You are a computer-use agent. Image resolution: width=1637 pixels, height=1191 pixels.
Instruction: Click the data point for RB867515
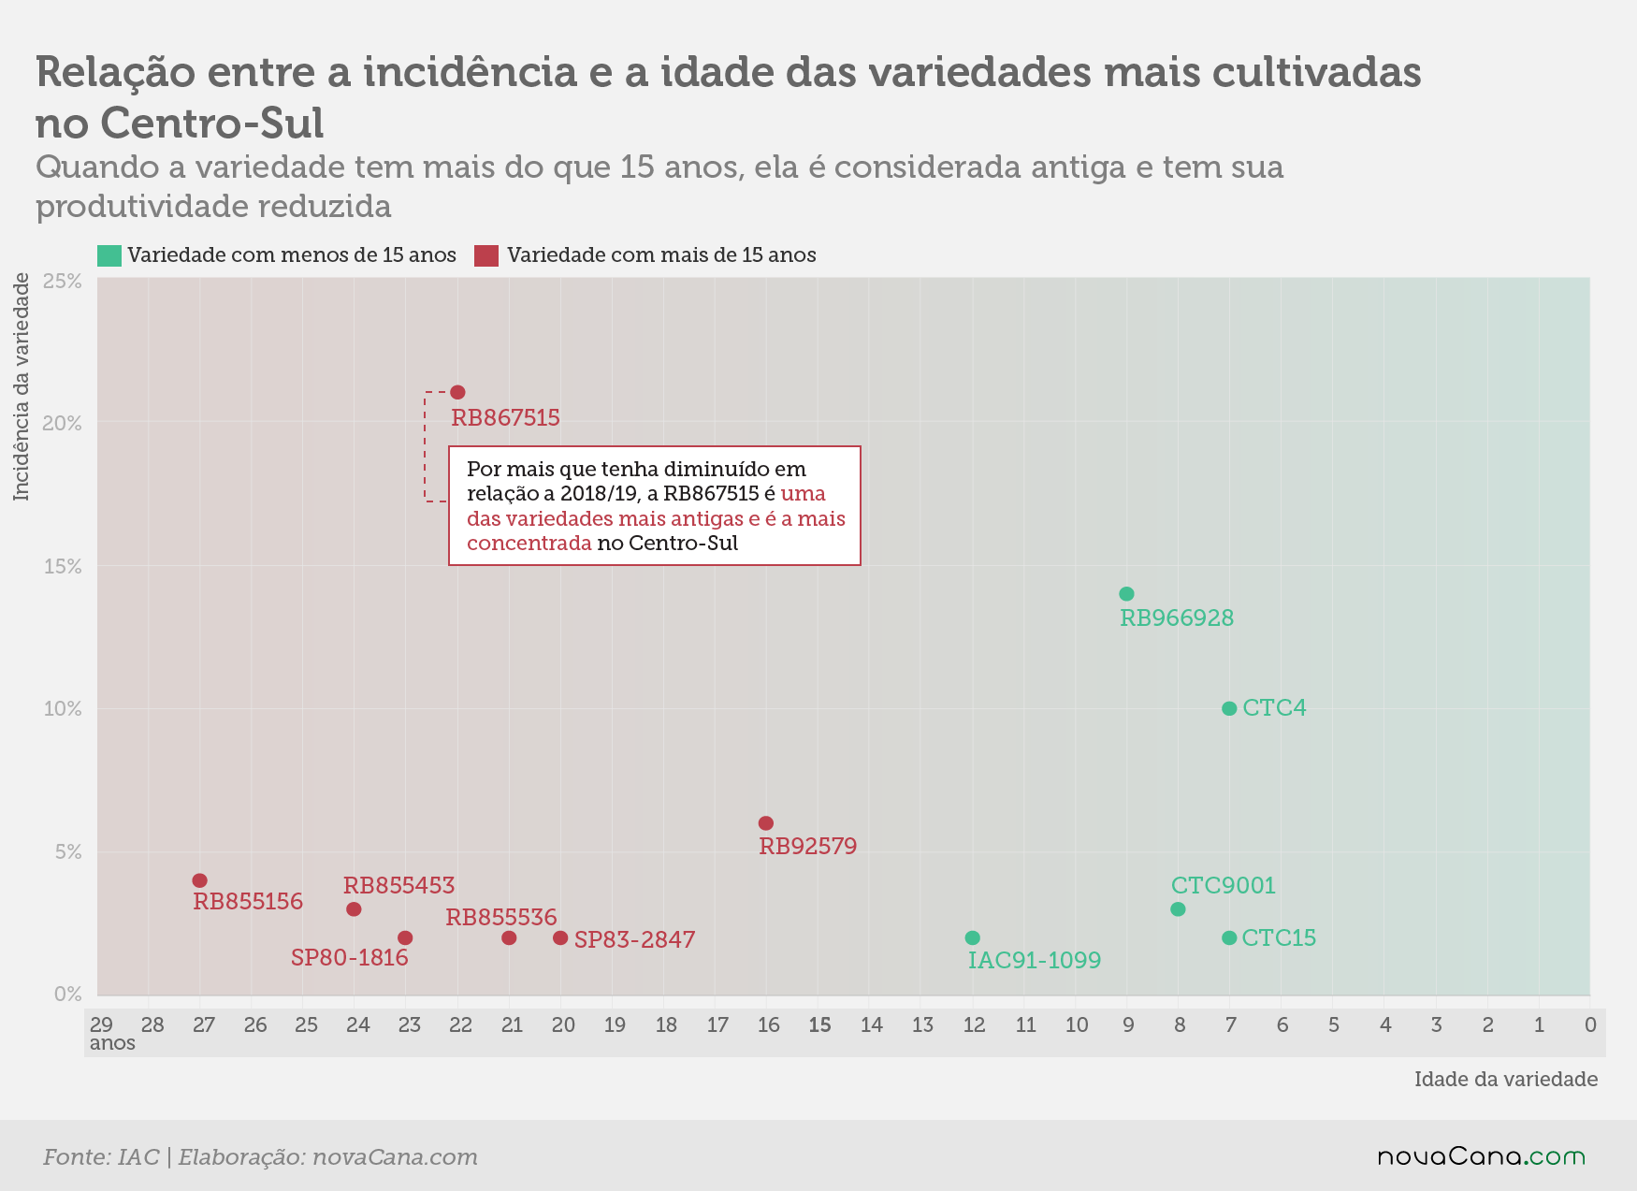(457, 392)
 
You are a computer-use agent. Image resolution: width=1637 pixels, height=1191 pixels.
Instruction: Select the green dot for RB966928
(1126, 594)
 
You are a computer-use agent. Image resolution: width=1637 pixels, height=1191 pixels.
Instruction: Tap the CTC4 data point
(1229, 708)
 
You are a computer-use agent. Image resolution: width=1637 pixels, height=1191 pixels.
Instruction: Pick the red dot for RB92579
(766, 823)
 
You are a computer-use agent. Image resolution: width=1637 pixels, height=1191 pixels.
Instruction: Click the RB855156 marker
(199, 880)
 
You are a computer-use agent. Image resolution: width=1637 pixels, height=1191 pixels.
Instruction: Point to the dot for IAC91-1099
(972, 937)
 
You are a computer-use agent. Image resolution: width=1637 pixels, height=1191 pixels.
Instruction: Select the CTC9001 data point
(1178, 909)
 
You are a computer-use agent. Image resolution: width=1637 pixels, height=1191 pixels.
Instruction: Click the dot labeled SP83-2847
(560, 937)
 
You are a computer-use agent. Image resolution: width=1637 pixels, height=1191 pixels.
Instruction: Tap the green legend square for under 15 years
(109, 255)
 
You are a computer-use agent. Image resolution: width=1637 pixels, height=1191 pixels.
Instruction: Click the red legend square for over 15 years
(486, 255)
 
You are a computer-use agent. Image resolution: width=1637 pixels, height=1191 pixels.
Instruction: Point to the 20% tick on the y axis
(63, 423)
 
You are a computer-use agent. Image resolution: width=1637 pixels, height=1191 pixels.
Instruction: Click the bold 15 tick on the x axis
(819, 1024)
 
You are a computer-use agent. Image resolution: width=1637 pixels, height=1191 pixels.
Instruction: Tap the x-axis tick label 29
(101, 1024)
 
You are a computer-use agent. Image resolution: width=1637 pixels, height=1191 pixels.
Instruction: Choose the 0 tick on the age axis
(1590, 1024)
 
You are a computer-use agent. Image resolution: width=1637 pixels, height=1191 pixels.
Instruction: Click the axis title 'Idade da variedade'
(1506, 1079)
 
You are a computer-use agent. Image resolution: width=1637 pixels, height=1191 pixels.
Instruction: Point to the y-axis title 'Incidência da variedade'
(22, 386)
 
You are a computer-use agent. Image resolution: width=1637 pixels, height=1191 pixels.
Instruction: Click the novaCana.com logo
(1482, 1157)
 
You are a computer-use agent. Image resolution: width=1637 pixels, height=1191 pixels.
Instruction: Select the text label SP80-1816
(350, 957)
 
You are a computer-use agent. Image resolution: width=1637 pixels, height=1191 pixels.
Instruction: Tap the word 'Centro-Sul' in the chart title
(212, 123)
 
